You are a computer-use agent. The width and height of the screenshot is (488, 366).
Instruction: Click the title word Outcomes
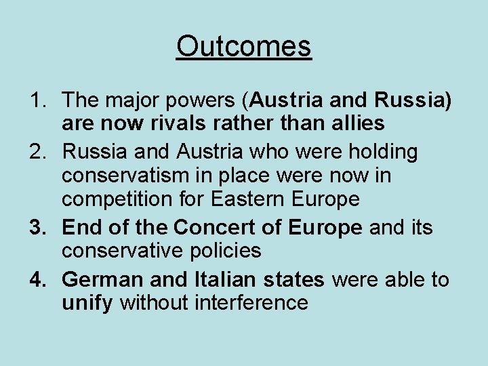coord(243,47)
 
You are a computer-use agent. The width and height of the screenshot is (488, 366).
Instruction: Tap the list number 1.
coord(37,100)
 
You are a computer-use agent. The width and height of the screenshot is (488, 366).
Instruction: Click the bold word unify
coord(87,303)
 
